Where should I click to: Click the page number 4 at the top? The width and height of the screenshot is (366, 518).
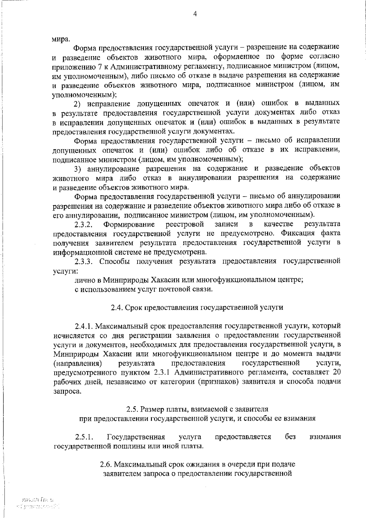coord(195,14)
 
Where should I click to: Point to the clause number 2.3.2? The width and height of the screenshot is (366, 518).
coord(83,225)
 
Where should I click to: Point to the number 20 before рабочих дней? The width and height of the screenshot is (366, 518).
coord(336,372)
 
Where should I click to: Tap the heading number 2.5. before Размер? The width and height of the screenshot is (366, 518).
coord(132,409)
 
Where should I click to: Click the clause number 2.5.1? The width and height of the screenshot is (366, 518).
coord(84,437)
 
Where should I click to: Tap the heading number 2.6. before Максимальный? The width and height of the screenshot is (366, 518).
coord(106,465)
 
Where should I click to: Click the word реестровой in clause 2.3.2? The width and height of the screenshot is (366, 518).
coord(185,225)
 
